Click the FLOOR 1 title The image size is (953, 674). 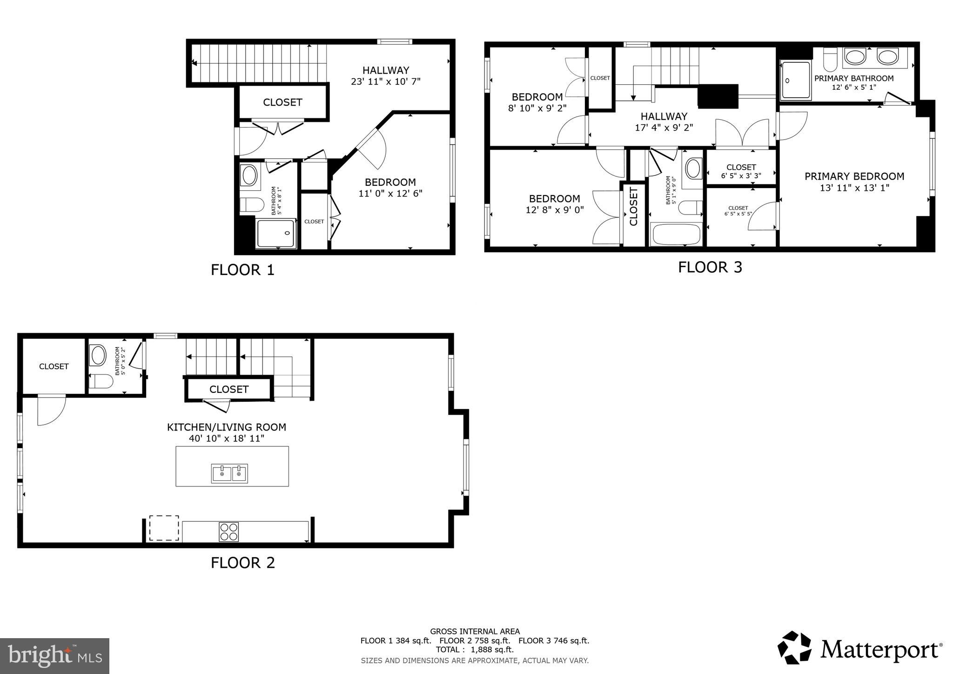242,270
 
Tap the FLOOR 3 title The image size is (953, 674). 710,267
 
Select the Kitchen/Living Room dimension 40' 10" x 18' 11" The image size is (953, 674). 227,438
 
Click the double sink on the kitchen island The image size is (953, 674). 229,473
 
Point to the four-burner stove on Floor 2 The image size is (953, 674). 229,532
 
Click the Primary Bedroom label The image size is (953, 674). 854,176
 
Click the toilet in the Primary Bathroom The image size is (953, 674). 830,59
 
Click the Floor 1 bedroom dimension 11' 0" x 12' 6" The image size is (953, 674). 390,193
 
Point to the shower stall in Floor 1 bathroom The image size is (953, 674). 275,234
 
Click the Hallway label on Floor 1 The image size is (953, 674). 386,70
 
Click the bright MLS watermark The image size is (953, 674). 55,656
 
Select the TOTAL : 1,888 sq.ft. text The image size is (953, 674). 475,650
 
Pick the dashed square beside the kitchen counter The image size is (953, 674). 164,528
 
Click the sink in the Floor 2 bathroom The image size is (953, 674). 98,356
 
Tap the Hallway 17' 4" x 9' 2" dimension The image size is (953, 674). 664,128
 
